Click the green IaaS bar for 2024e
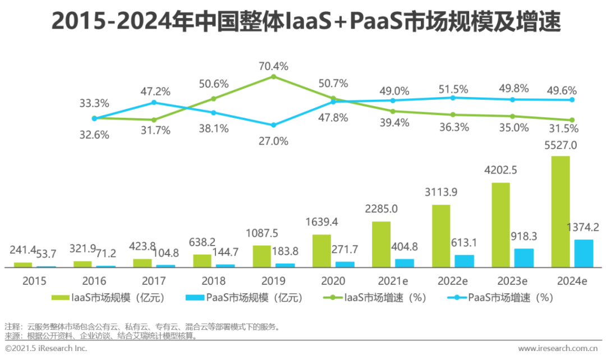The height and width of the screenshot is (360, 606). pos(561,211)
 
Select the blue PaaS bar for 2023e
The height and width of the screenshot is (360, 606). pos(524,258)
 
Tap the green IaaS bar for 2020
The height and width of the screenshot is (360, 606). pos(322,251)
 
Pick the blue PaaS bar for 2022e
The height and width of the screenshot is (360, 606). pos(464,261)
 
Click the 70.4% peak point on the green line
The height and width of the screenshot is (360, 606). pos(273,76)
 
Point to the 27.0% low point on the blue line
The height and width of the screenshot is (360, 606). pos(273,125)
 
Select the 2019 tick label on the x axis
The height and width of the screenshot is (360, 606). pos(273,280)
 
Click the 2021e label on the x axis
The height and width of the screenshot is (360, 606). pos(393,280)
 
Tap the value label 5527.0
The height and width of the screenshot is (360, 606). pos(561,145)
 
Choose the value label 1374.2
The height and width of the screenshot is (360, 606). pos(584,228)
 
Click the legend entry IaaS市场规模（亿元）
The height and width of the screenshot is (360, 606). pos(110,298)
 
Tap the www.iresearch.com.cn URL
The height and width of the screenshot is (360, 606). pos(559,349)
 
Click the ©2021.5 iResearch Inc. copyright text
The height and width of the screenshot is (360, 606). pos(46,349)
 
